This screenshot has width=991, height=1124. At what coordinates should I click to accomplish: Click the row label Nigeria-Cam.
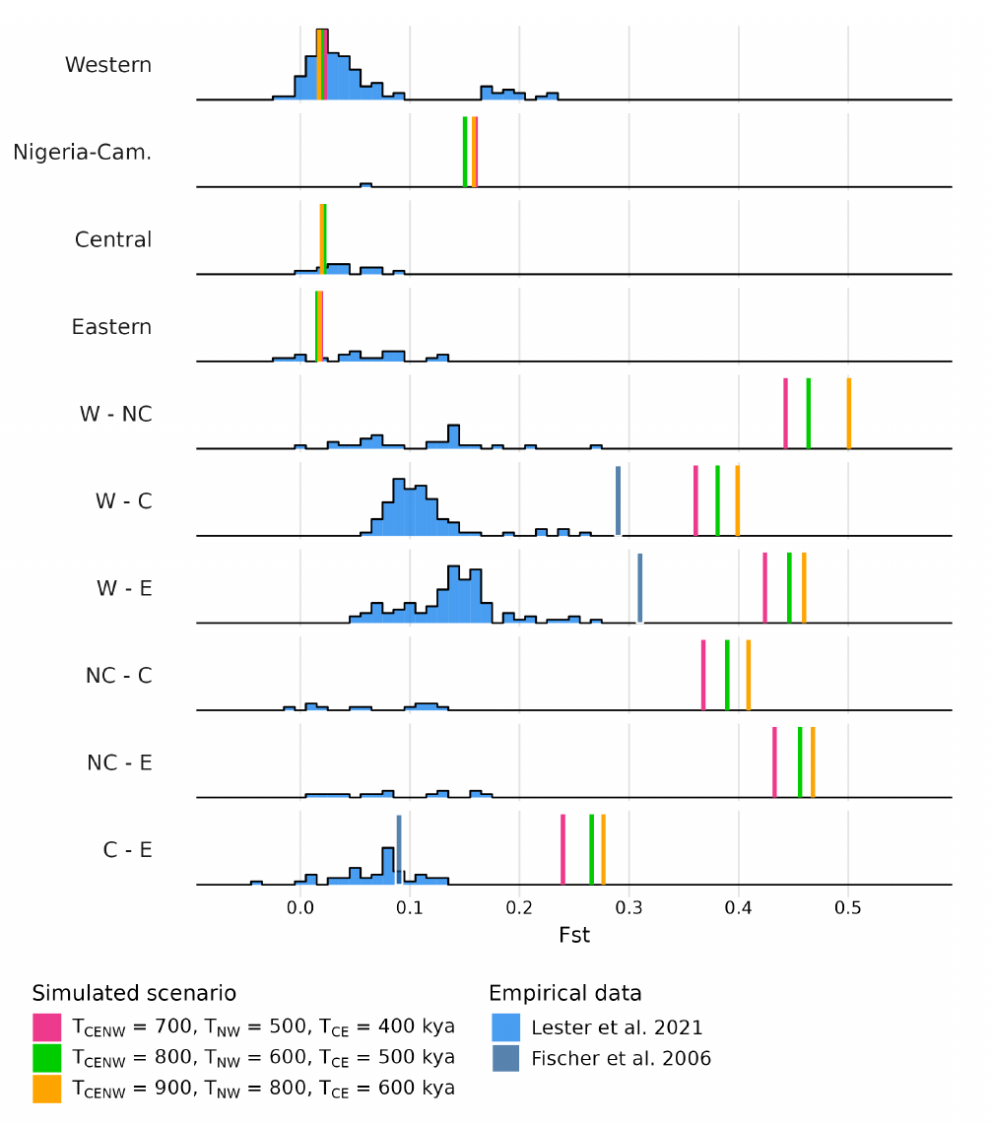[83, 153]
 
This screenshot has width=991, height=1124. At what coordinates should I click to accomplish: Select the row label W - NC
[116, 414]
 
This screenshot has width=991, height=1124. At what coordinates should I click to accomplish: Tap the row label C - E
[127, 849]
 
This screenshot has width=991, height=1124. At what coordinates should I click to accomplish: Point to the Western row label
[108, 66]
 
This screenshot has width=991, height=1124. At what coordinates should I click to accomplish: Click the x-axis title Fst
[574, 936]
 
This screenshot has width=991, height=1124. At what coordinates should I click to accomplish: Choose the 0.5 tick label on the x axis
[849, 907]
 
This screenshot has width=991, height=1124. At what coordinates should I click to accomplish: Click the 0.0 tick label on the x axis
[299, 907]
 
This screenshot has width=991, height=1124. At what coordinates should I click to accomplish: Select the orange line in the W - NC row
[848, 413]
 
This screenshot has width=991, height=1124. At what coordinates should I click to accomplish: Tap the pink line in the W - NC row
[785, 413]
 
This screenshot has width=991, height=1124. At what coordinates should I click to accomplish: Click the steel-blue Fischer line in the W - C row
[618, 500]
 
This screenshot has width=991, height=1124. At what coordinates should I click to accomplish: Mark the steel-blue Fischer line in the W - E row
[639, 587]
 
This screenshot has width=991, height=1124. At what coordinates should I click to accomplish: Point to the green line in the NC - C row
[727, 675]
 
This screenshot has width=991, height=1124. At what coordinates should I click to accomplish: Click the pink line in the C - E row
[562, 849]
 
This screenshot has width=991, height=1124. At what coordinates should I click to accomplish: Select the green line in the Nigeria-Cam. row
[465, 152]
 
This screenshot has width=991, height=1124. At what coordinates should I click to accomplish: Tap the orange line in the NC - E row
[813, 761]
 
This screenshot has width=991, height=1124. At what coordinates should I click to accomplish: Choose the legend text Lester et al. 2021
[617, 1027]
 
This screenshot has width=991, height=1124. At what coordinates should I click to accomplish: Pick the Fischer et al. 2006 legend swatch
[506, 1059]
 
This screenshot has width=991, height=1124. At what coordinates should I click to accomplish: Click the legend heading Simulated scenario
[134, 993]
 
